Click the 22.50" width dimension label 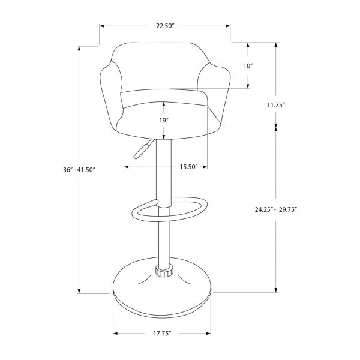pos(165,26)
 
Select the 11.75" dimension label pos(276,104)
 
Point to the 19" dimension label pos(163,121)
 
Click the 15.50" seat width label pos(188,167)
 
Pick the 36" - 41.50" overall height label pos(79,170)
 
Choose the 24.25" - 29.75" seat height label pos(276,209)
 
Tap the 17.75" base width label pos(161,333)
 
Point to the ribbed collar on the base pos(163,271)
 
